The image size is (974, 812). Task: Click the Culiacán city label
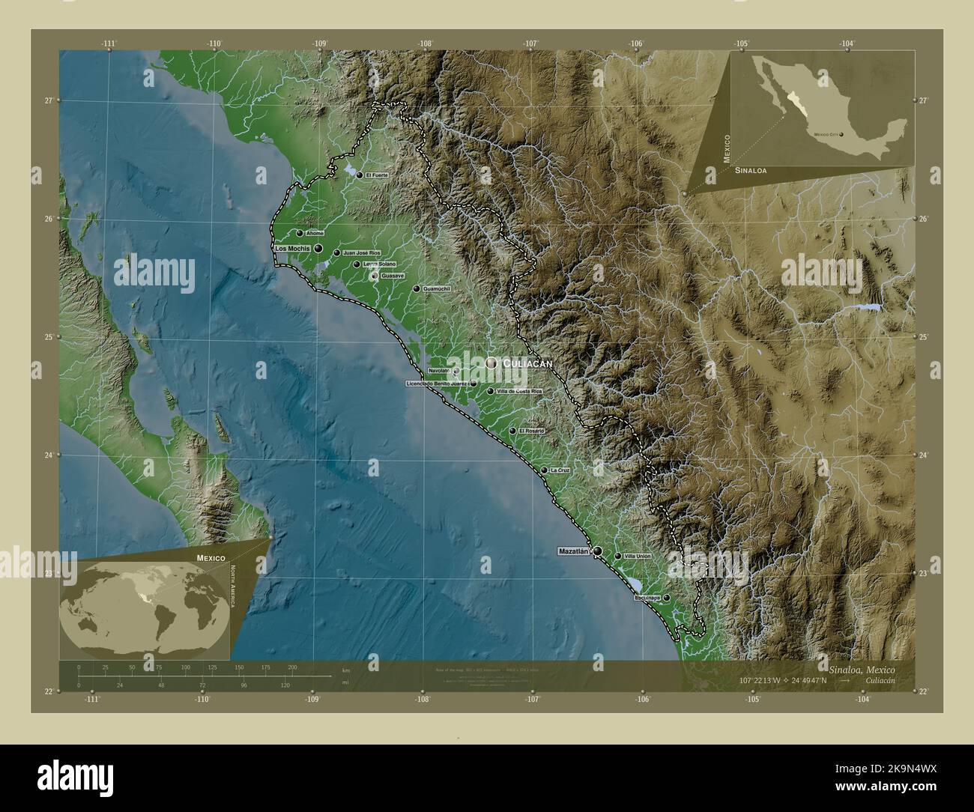[527, 363]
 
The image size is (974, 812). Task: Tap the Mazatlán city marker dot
[598, 551]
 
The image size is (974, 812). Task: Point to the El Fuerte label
[377, 175]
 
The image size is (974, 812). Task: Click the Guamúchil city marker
[417, 288]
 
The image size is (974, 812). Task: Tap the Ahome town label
[315, 233]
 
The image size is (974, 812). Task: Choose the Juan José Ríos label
[362, 253]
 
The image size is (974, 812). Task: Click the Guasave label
[393, 276]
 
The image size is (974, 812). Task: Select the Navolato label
[440, 371]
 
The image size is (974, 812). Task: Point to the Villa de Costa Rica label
[518, 391]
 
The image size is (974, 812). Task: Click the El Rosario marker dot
[512, 431]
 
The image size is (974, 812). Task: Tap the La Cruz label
[560, 470]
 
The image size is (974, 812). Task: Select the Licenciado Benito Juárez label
[438, 384]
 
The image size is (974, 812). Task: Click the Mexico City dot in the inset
[841, 135]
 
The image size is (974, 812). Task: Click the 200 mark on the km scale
[292, 667]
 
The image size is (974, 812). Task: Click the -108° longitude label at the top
[426, 44]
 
